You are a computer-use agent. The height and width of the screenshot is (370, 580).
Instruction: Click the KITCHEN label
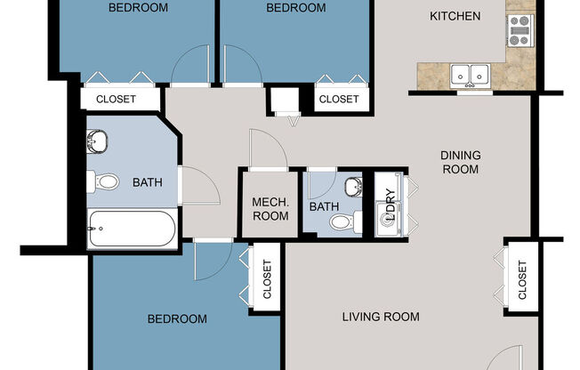[x=455, y=16]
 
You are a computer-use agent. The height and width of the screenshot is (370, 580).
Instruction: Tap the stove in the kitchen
[x=519, y=31]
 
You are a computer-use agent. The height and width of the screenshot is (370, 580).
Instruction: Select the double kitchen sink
[x=468, y=75]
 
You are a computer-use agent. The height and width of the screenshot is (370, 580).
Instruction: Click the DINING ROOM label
[x=460, y=162]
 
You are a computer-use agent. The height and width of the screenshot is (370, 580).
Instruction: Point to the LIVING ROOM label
[x=382, y=317]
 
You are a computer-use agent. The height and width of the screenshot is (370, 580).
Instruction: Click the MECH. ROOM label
[x=270, y=208]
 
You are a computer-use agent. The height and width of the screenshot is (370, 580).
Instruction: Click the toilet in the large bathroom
[x=105, y=182]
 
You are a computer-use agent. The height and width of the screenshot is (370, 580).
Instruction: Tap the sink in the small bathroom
[x=352, y=187]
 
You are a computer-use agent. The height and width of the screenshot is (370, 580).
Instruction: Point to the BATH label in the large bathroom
[x=147, y=183]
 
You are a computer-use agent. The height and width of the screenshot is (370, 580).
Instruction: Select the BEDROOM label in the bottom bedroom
[x=177, y=318]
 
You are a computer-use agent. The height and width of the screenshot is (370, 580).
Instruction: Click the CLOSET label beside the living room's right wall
[x=522, y=279]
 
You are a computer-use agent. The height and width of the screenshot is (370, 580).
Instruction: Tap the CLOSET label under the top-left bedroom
[x=116, y=99]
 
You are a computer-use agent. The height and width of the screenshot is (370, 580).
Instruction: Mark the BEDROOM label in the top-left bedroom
[x=138, y=8]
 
